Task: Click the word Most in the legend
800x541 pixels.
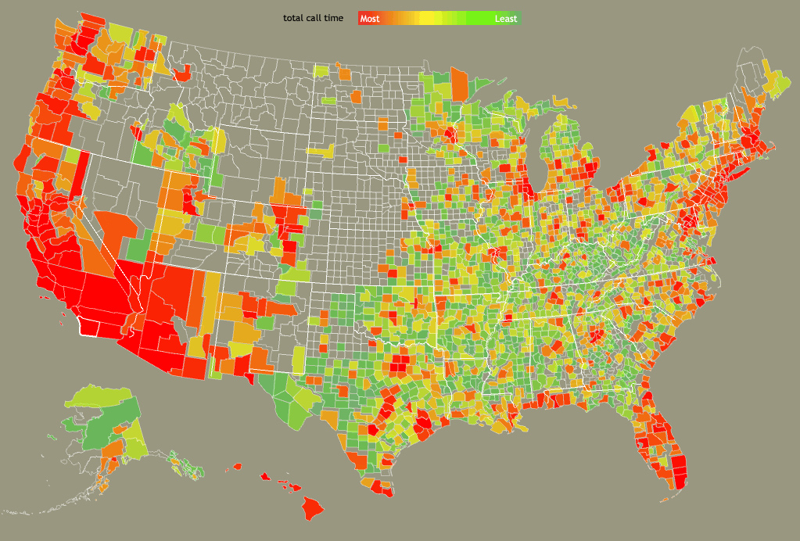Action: click(370, 18)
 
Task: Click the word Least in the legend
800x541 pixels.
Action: click(505, 18)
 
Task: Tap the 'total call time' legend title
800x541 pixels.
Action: click(313, 18)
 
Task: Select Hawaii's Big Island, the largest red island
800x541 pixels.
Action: click(313, 508)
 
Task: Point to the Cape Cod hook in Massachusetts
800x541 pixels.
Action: click(770, 146)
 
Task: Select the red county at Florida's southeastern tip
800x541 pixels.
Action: click(679, 472)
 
